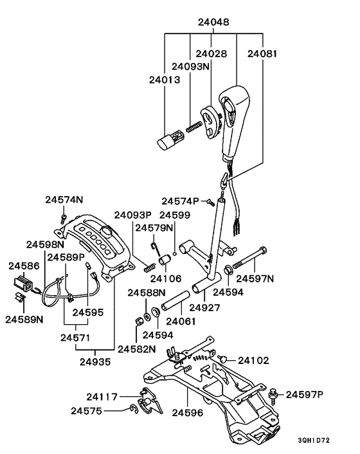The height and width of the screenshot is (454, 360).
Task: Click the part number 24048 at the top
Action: tap(213, 23)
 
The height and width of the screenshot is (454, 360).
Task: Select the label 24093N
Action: tap(190, 67)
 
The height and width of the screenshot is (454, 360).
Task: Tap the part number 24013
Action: tap(165, 80)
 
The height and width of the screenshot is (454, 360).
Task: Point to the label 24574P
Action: tap(180, 201)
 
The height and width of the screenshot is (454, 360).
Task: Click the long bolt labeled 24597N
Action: tap(249, 258)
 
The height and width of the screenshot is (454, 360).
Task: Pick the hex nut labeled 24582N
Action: tap(139, 321)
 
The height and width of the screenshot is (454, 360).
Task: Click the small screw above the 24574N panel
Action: tap(64, 219)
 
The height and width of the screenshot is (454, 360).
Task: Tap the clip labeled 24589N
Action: tap(20, 297)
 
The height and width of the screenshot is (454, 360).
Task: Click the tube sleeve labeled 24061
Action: tap(175, 302)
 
